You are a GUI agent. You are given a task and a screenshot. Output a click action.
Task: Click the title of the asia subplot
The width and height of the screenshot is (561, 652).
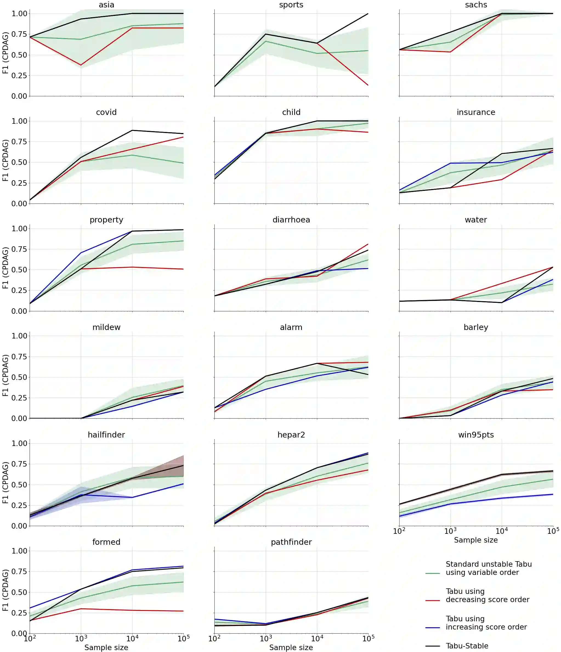click(x=106, y=5)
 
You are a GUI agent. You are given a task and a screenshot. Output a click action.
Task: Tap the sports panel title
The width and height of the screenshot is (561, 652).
click(x=291, y=5)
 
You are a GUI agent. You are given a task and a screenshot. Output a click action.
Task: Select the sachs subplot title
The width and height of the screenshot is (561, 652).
click(x=476, y=5)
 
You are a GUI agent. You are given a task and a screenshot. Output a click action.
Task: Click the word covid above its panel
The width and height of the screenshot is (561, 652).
click(x=106, y=112)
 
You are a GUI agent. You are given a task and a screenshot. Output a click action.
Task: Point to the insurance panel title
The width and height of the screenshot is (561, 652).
click(x=476, y=112)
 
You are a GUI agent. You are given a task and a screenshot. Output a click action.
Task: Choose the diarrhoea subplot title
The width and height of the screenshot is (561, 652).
click(x=291, y=220)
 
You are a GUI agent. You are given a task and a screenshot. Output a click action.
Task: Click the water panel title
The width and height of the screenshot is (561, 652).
click(x=476, y=220)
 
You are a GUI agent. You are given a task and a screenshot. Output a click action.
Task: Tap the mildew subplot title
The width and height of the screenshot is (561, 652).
click(x=106, y=327)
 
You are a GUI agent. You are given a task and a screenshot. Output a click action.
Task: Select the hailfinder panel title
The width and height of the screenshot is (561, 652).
click(x=106, y=434)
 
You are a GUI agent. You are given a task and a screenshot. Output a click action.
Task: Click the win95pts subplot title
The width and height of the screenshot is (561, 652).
click(x=476, y=434)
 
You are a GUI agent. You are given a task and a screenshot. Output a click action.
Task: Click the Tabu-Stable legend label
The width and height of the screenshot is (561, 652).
click(x=467, y=646)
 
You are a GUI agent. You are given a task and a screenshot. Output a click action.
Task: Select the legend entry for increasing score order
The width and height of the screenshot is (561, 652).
click(x=486, y=623)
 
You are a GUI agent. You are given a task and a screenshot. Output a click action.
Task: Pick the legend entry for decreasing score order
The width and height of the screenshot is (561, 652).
click(x=487, y=595)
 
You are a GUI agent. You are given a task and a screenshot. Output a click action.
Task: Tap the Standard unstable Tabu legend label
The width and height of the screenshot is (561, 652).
click(x=489, y=568)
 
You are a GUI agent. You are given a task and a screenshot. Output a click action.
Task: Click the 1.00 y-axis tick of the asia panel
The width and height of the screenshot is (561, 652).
click(x=19, y=13)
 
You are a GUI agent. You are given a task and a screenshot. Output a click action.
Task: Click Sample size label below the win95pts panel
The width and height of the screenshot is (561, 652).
click(x=476, y=540)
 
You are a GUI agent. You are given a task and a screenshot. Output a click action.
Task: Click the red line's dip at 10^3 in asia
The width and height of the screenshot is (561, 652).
click(x=81, y=65)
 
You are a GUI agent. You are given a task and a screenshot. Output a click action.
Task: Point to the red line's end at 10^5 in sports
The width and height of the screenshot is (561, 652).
click(x=368, y=85)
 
